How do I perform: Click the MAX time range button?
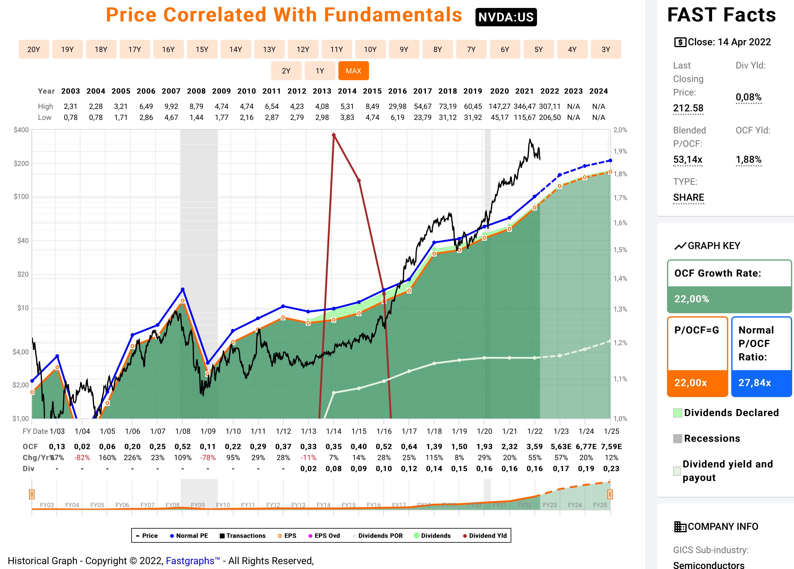(353, 71)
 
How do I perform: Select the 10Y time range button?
(370, 49)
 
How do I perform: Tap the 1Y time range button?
(320, 71)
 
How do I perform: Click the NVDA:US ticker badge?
(505, 17)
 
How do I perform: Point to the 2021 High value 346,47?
(524, 106)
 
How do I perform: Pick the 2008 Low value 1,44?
(196, 117)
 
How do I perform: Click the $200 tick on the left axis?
(21, 163)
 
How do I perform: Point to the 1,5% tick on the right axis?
(620, 250)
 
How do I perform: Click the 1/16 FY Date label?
(384, 431)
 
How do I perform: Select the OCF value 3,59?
(535, 447)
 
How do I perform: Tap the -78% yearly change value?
(208, 458)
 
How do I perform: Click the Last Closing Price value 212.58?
(688, 108)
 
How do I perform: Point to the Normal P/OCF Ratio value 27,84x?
(755, 383)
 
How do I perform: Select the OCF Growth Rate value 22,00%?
(691, 299)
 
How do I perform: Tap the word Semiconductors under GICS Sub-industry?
(708, 564)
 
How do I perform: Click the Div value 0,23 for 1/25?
(611, 469)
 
